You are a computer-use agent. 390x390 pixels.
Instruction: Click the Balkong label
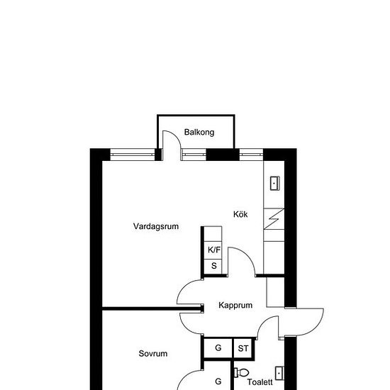(199, 132)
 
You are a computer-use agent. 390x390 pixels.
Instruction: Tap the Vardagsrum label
(155, 227)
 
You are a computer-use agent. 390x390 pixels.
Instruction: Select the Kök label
(240, 213)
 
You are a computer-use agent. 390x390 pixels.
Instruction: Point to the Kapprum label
(236, 306)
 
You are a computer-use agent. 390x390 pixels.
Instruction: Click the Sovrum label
(152, 353)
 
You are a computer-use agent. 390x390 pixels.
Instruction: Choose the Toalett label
(260, 382)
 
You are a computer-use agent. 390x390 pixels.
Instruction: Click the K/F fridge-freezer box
(214, 250)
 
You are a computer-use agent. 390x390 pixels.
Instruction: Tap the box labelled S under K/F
(214, 266)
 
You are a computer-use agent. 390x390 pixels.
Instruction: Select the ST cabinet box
(243, 348)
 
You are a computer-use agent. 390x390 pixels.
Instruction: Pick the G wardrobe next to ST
(218, 348)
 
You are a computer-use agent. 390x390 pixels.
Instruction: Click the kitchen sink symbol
(274, 183)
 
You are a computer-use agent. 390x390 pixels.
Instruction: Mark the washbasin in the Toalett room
(279, 372)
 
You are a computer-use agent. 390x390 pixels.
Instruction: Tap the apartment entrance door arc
(309, 323)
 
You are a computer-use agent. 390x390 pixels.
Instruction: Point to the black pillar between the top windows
(221, 155)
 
